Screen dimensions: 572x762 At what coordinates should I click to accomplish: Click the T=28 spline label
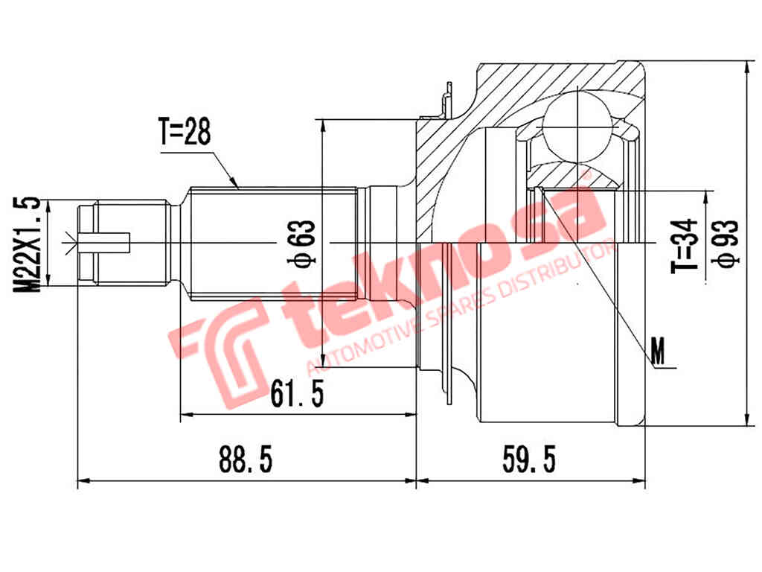[185, 133]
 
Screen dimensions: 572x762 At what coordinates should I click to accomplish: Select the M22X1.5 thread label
[28, 243]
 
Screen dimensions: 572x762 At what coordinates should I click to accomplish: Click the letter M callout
[658, 351]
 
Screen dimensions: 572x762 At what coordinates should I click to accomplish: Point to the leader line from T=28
[223, 168]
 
